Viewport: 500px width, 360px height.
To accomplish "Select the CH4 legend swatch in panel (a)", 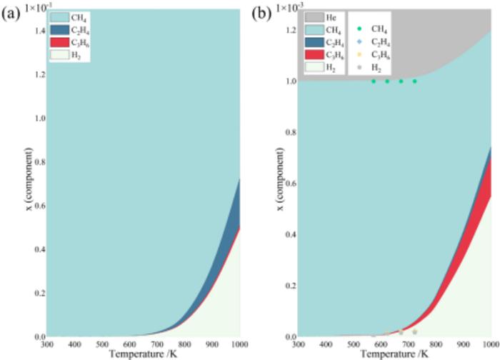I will click(x=60, y=16).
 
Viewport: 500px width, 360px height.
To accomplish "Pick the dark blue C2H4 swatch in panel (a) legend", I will click(x=60, y=30).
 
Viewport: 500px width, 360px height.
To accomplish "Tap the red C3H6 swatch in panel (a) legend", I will click(x=60, y=43).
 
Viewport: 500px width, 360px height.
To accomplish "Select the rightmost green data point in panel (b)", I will click(x=414, y=81).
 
